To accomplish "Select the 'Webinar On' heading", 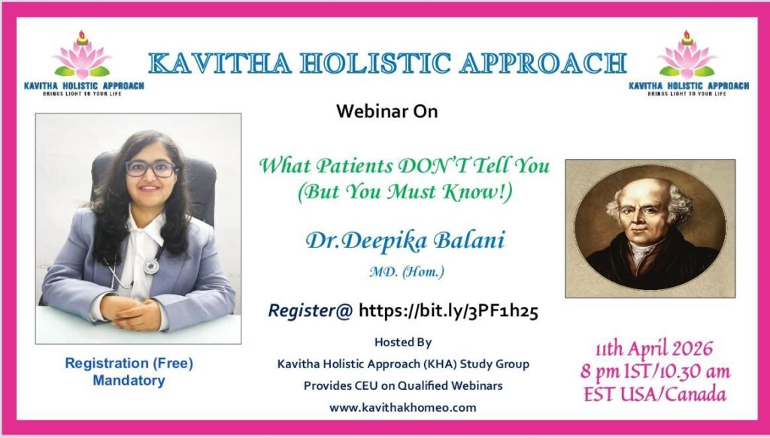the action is point(387,111).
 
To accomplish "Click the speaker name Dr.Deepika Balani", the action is point(405,241).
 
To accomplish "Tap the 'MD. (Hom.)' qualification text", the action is point(407,271).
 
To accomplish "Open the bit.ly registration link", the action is point(448,311).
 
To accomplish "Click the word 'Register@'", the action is point(311,311).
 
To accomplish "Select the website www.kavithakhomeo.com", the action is point(403,408).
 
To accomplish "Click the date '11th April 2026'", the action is point(653,349).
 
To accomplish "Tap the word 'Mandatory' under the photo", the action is point(129,381).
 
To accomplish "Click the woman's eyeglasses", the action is point(150,169).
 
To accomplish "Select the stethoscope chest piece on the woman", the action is point(150,267).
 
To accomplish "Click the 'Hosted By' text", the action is point(403,342).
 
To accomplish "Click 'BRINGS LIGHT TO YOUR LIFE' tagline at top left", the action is point(82,93).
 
